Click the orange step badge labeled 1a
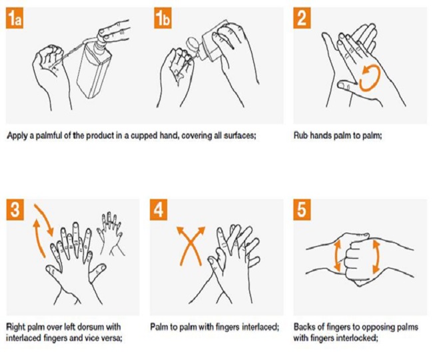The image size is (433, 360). pos(18,19)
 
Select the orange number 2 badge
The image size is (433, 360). pos(304,19)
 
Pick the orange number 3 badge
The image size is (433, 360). pos(18,211)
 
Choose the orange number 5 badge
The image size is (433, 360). pos(304,211)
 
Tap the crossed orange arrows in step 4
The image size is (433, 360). pos(189,247)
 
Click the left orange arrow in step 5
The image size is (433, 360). pos(337,256)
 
